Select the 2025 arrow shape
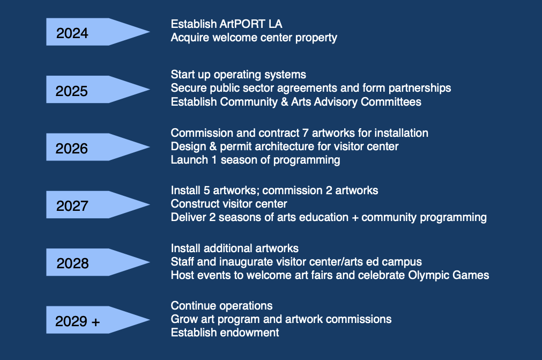(x=91, y=90)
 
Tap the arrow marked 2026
(x=91, y=147)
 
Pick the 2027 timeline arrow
(x=91, y=204)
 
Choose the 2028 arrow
(x=91, y=262)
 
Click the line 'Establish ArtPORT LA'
(x=226, y=24)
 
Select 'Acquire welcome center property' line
(x=254, y=38)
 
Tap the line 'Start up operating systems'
(x=238, y=75)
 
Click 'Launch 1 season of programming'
(x=255, y=159)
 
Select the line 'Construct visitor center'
(x=229, y=204)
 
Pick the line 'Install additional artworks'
(x=234, y=248)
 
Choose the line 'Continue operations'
(x=221, y=306)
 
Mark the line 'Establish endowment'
(x=225, y=333)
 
